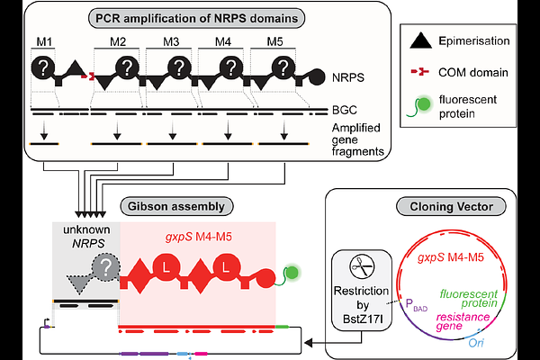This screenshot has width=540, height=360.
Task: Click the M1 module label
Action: click(x=44, y=42)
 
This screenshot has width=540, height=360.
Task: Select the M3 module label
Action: click(x=171, y=42)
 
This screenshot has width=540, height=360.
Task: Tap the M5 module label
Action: click(x=274, y=42)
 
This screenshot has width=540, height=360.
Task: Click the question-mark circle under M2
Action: click(x=127, y=67)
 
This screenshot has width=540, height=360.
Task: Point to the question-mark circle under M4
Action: click(x=231, y=67)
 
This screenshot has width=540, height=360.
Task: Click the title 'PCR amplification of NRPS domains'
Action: click(x=196, y=18)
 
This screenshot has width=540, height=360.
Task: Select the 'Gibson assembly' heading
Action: click(x=176, y=206)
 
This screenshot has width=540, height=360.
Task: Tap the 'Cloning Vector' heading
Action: click(x=451, y=207)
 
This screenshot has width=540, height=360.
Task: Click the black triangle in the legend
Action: click(x=420, y=40)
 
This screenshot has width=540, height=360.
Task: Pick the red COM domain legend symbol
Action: click(x=420, y=72)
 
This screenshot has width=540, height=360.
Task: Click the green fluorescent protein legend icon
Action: click(x=419, y=106)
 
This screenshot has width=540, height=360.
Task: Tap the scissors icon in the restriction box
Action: click(x=362, y=267)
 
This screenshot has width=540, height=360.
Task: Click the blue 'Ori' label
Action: click(x=476, y=343)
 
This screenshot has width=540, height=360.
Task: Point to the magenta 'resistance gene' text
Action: click(x=463, y=321)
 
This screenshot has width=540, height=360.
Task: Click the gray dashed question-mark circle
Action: click(x=106, y=267)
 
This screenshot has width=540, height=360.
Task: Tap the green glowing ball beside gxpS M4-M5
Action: click(x=292, y=273)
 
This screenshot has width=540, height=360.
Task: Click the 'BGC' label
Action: click(x=345, y=110)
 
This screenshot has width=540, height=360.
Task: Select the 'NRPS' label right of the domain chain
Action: click(x=348, y=78)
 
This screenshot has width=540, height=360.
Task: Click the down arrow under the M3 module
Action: click(x=173, y=130)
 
